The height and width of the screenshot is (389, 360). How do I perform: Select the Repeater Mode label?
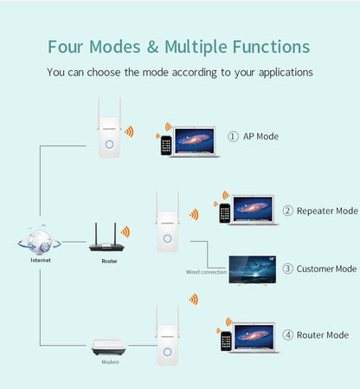coord(326,211)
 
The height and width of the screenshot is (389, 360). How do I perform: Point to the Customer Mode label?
coord(326,269)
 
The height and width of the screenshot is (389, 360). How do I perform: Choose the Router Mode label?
coord(322,334)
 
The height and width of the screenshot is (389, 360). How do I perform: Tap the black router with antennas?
coord(104,242)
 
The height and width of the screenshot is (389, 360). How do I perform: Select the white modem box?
coord(110,348)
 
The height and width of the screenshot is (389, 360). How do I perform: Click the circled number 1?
coord(233,136)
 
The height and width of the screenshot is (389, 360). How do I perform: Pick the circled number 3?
coord(287,269)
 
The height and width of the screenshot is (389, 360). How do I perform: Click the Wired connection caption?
coord(206,272)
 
